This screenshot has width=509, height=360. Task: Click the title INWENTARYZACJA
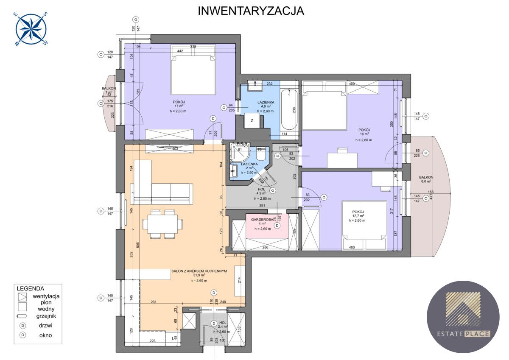coord(251,11)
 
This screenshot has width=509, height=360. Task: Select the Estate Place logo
coord(463,316)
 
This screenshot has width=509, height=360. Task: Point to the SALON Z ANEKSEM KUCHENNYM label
coord(199,271)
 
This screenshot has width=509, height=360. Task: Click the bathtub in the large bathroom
coord(291,110)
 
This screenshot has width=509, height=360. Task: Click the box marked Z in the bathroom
coord(252,120)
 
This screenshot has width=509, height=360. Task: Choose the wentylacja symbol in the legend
coord(22,296)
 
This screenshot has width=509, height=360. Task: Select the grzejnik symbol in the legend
coord(22,315)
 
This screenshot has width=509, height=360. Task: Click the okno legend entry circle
coord(22,335)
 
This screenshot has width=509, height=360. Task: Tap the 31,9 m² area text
coord(199,276)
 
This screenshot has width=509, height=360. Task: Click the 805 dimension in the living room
coord(132,245)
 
